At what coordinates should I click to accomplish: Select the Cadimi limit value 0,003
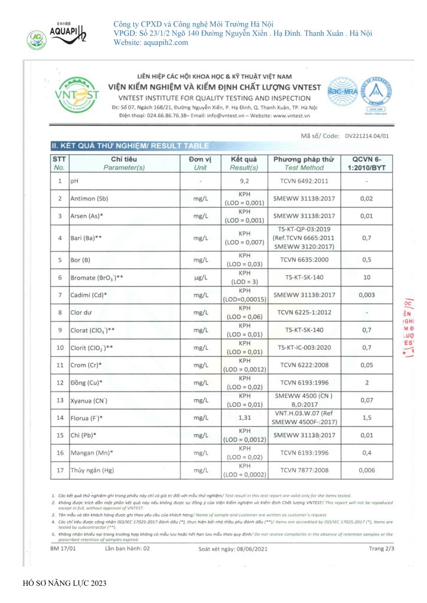366,294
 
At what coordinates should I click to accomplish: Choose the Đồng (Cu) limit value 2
366,383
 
